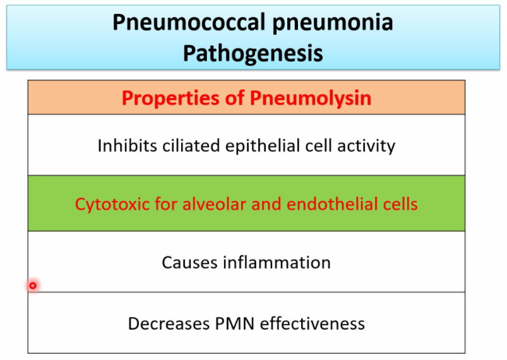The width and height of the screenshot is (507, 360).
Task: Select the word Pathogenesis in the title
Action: [253, 53]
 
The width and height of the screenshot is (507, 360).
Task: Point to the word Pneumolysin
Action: [311, 99]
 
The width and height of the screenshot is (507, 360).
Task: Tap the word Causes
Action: [188, 262]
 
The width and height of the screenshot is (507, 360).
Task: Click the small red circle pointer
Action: [33, 285]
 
